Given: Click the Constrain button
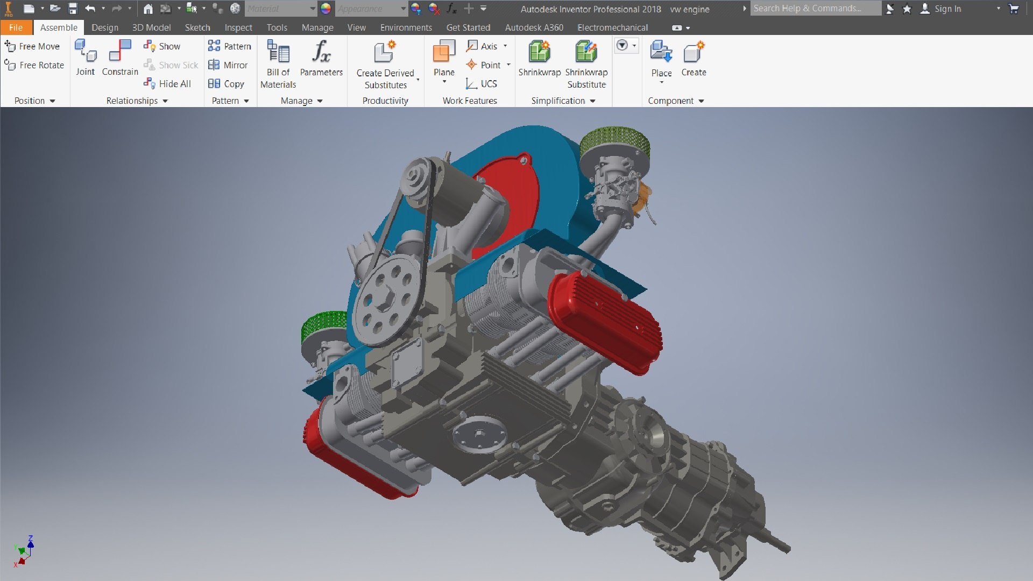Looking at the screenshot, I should tap(120, 58).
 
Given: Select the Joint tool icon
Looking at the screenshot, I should tap(85, 58).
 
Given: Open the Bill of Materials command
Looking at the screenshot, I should tap(278, 63).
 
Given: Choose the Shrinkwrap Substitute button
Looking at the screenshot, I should tap(586, 63).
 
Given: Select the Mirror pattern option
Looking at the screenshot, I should tap(228, 65).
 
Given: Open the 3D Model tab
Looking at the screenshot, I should tap(151, 27).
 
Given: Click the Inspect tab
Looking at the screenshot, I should tap(238, 27).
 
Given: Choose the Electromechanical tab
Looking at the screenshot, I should tap(612, 27).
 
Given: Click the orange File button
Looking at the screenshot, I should tap(16, 27).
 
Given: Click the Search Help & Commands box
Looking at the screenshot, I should tap(815, 9).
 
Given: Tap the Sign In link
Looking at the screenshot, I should tap(947, 9).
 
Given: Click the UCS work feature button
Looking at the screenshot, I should tap(482, 84).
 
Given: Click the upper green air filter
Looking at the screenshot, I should tap(615, 144).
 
